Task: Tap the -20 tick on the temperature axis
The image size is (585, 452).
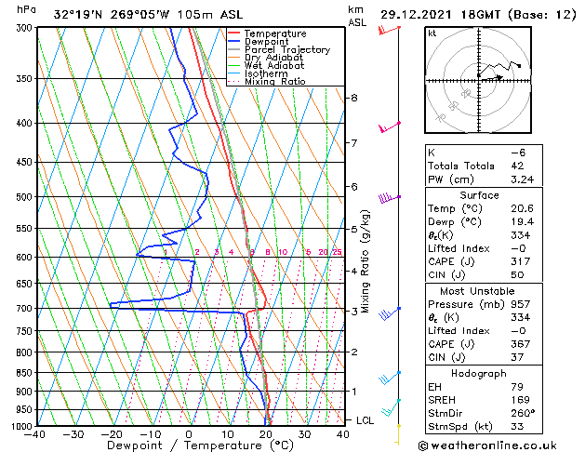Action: (112, 434)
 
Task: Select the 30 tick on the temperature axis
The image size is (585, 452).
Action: (304, 434)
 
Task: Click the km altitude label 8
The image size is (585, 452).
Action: (354, 98)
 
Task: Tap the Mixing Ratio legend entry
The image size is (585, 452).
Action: (275, 82)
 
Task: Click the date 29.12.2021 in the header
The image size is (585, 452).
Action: (422, 15)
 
